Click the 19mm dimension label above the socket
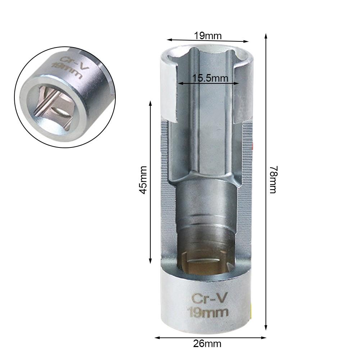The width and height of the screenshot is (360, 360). tap(208, 36)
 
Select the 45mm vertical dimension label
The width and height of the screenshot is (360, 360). tap(143, 180)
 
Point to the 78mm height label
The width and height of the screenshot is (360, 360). tap(273, 179)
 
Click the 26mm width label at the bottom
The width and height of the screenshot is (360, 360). tap(207, 344)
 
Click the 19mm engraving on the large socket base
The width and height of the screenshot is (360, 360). tap(208, 311)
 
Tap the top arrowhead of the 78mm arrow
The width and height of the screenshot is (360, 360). tap(266, 36)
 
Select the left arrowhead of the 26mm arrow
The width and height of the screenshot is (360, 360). tap(157, 337)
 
